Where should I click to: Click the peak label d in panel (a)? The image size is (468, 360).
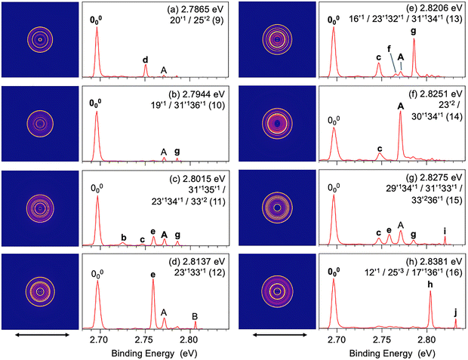coord(146,59)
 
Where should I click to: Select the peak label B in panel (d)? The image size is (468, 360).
coord(194,315)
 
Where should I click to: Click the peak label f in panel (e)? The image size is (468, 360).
coord(389,48)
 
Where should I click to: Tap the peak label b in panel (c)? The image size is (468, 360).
coord(123,237)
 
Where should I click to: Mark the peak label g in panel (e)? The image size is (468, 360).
coord(413,32)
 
